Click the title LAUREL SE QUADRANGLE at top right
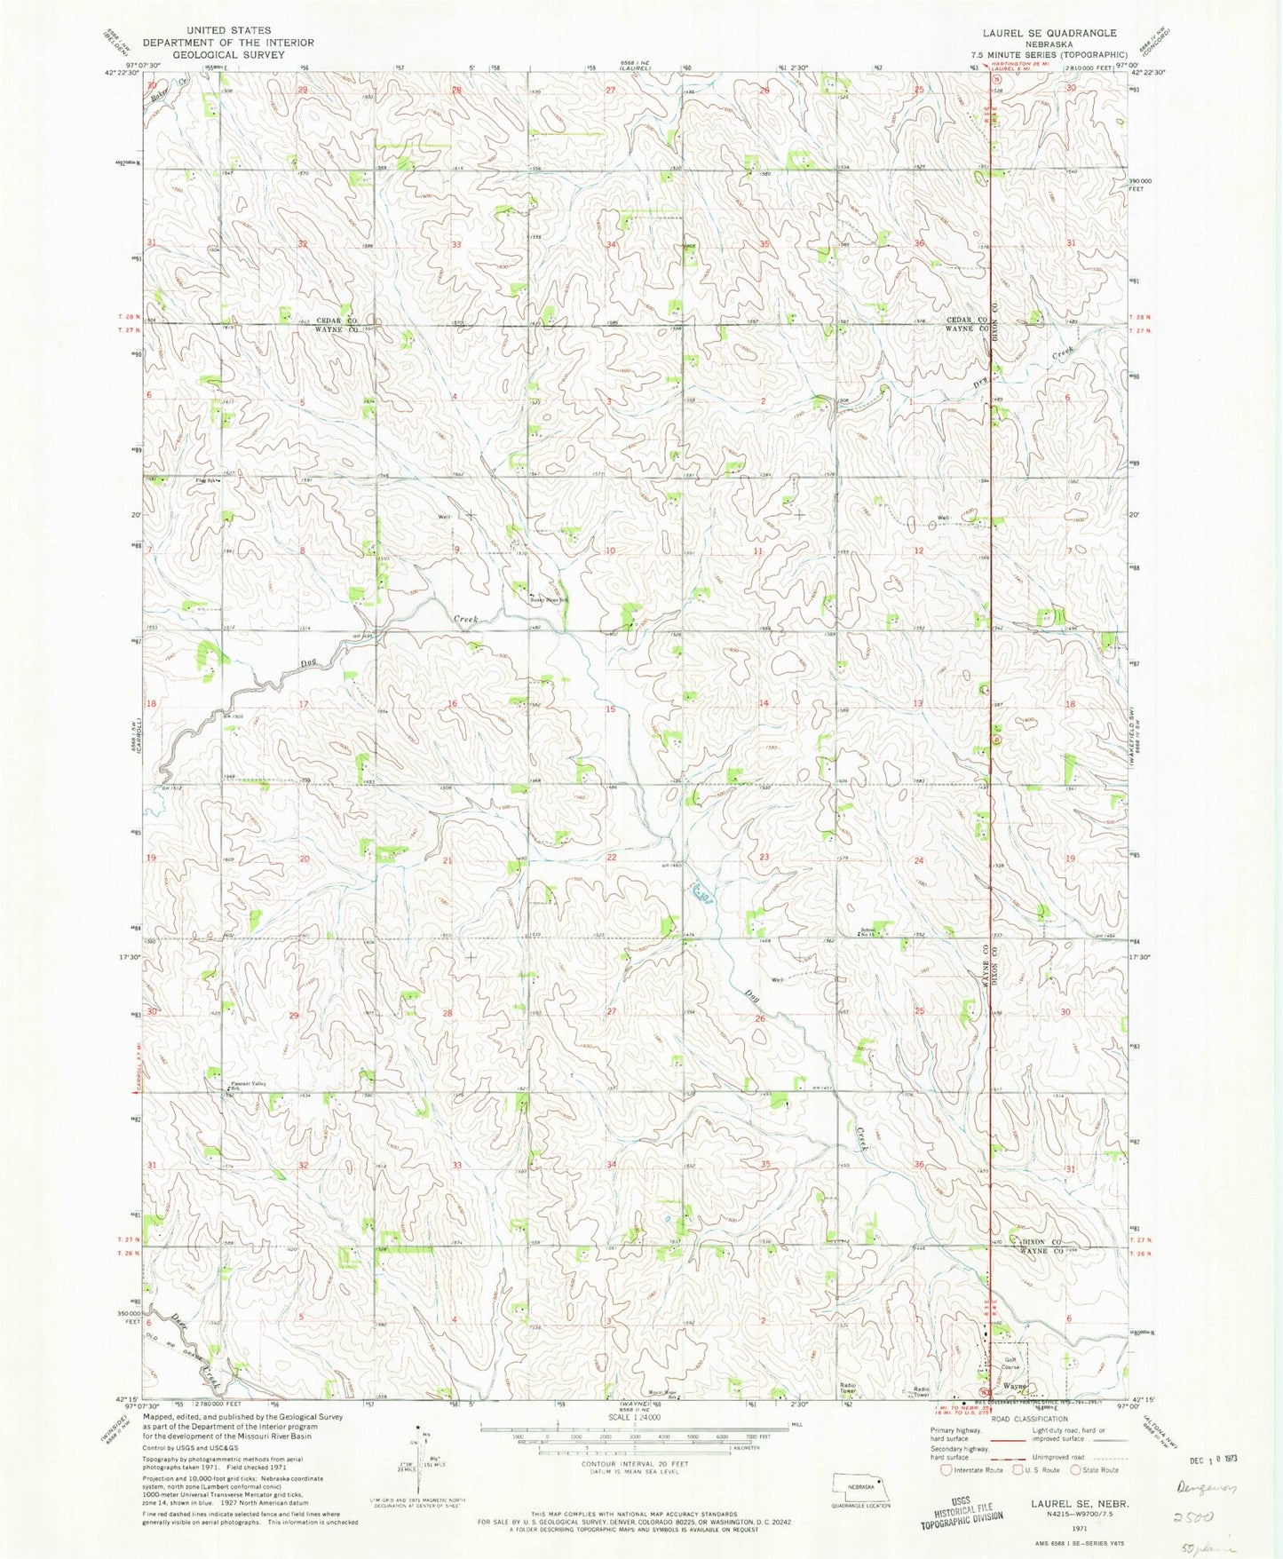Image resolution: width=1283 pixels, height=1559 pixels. point(1049,33)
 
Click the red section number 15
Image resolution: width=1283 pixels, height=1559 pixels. point(610,708)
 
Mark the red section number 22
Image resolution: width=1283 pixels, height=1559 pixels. point(611,857)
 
